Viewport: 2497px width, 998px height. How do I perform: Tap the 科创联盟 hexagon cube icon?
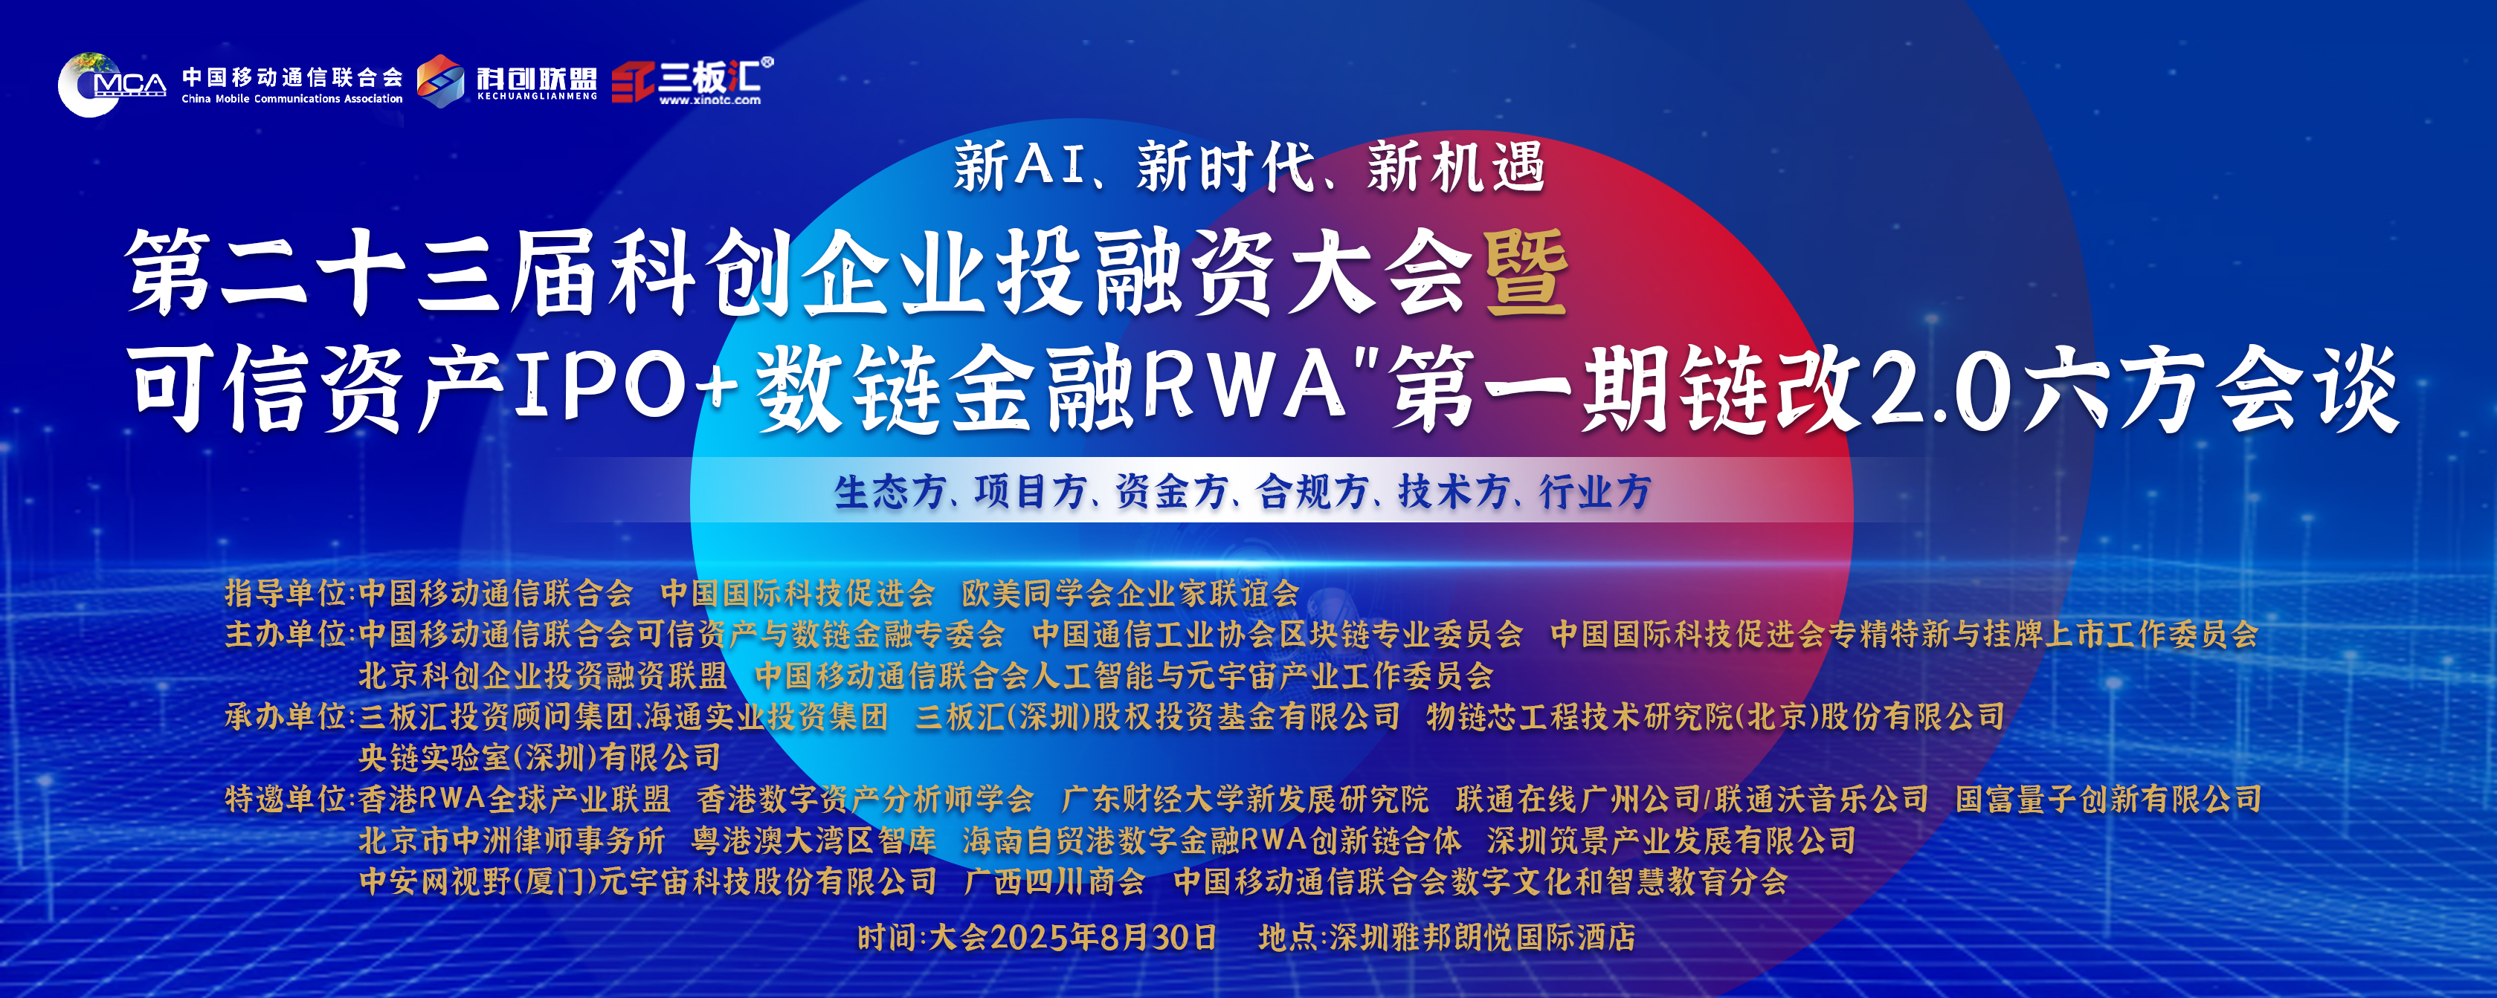tap(441, 80)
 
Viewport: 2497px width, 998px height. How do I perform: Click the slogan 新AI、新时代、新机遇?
tap(1248, 166)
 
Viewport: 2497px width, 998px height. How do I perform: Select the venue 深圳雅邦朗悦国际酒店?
tap(1482, 937)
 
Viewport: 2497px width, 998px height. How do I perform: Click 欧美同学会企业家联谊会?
tap(1130, 592)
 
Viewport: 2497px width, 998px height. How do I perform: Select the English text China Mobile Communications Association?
tap(291, 99)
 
